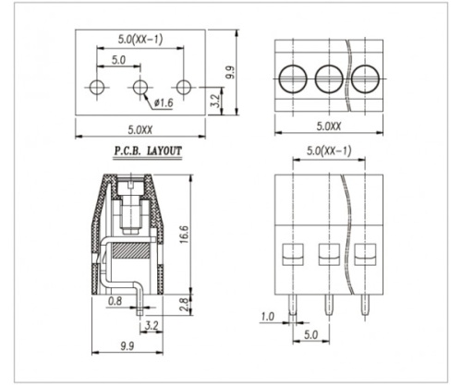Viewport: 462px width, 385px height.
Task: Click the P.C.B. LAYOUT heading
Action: tap(148, 151)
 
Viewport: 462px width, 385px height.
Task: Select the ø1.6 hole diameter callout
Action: tap(164, 102)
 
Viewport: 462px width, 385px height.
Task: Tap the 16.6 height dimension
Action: tap(184, 235)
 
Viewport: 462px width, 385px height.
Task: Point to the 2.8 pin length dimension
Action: tap(184, 305)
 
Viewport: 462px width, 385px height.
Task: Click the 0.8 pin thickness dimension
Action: tap(115, 301)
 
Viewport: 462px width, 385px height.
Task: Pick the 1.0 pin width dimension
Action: tap(267, 317)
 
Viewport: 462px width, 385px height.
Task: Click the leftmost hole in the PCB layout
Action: tap(97, 87)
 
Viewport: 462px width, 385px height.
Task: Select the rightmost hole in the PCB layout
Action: tap(184, 87)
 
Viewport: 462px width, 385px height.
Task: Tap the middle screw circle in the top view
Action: tap(329, 78)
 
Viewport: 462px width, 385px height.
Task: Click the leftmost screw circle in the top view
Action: tap(293, 78)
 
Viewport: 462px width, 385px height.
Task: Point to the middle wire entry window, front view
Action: tap(329, 255)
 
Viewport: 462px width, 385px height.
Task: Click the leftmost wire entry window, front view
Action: tap(293, 255)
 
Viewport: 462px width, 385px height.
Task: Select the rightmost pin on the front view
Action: tap(365, 306)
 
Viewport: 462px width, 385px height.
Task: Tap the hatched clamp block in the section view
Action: tap(131, 250)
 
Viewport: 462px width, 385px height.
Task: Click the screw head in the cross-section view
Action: tap(132, 186)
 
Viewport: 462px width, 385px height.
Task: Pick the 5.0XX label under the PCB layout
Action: tap(140, 130)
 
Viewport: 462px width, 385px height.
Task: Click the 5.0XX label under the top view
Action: tap(329, 126)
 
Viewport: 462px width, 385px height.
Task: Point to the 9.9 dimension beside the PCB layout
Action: tap(230, 72)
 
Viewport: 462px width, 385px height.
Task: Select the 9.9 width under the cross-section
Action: tap(128, 346)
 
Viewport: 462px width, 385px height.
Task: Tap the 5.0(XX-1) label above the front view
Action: tap(329, 151)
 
